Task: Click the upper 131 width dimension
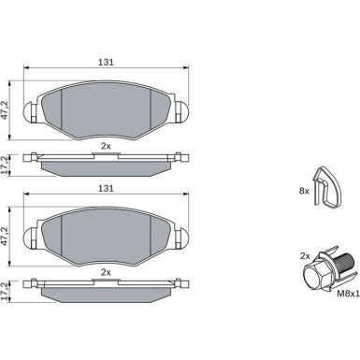[106, 63]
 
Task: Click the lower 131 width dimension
[106, 188]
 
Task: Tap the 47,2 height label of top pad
[4, 110]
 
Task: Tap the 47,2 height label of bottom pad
[4, 237]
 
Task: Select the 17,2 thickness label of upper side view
[4, 165]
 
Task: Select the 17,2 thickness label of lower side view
[4, 291]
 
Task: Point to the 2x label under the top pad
[106, 146]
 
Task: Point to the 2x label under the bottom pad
[106, 272]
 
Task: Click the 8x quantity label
[304, 191]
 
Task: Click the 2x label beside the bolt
[305, 256]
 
